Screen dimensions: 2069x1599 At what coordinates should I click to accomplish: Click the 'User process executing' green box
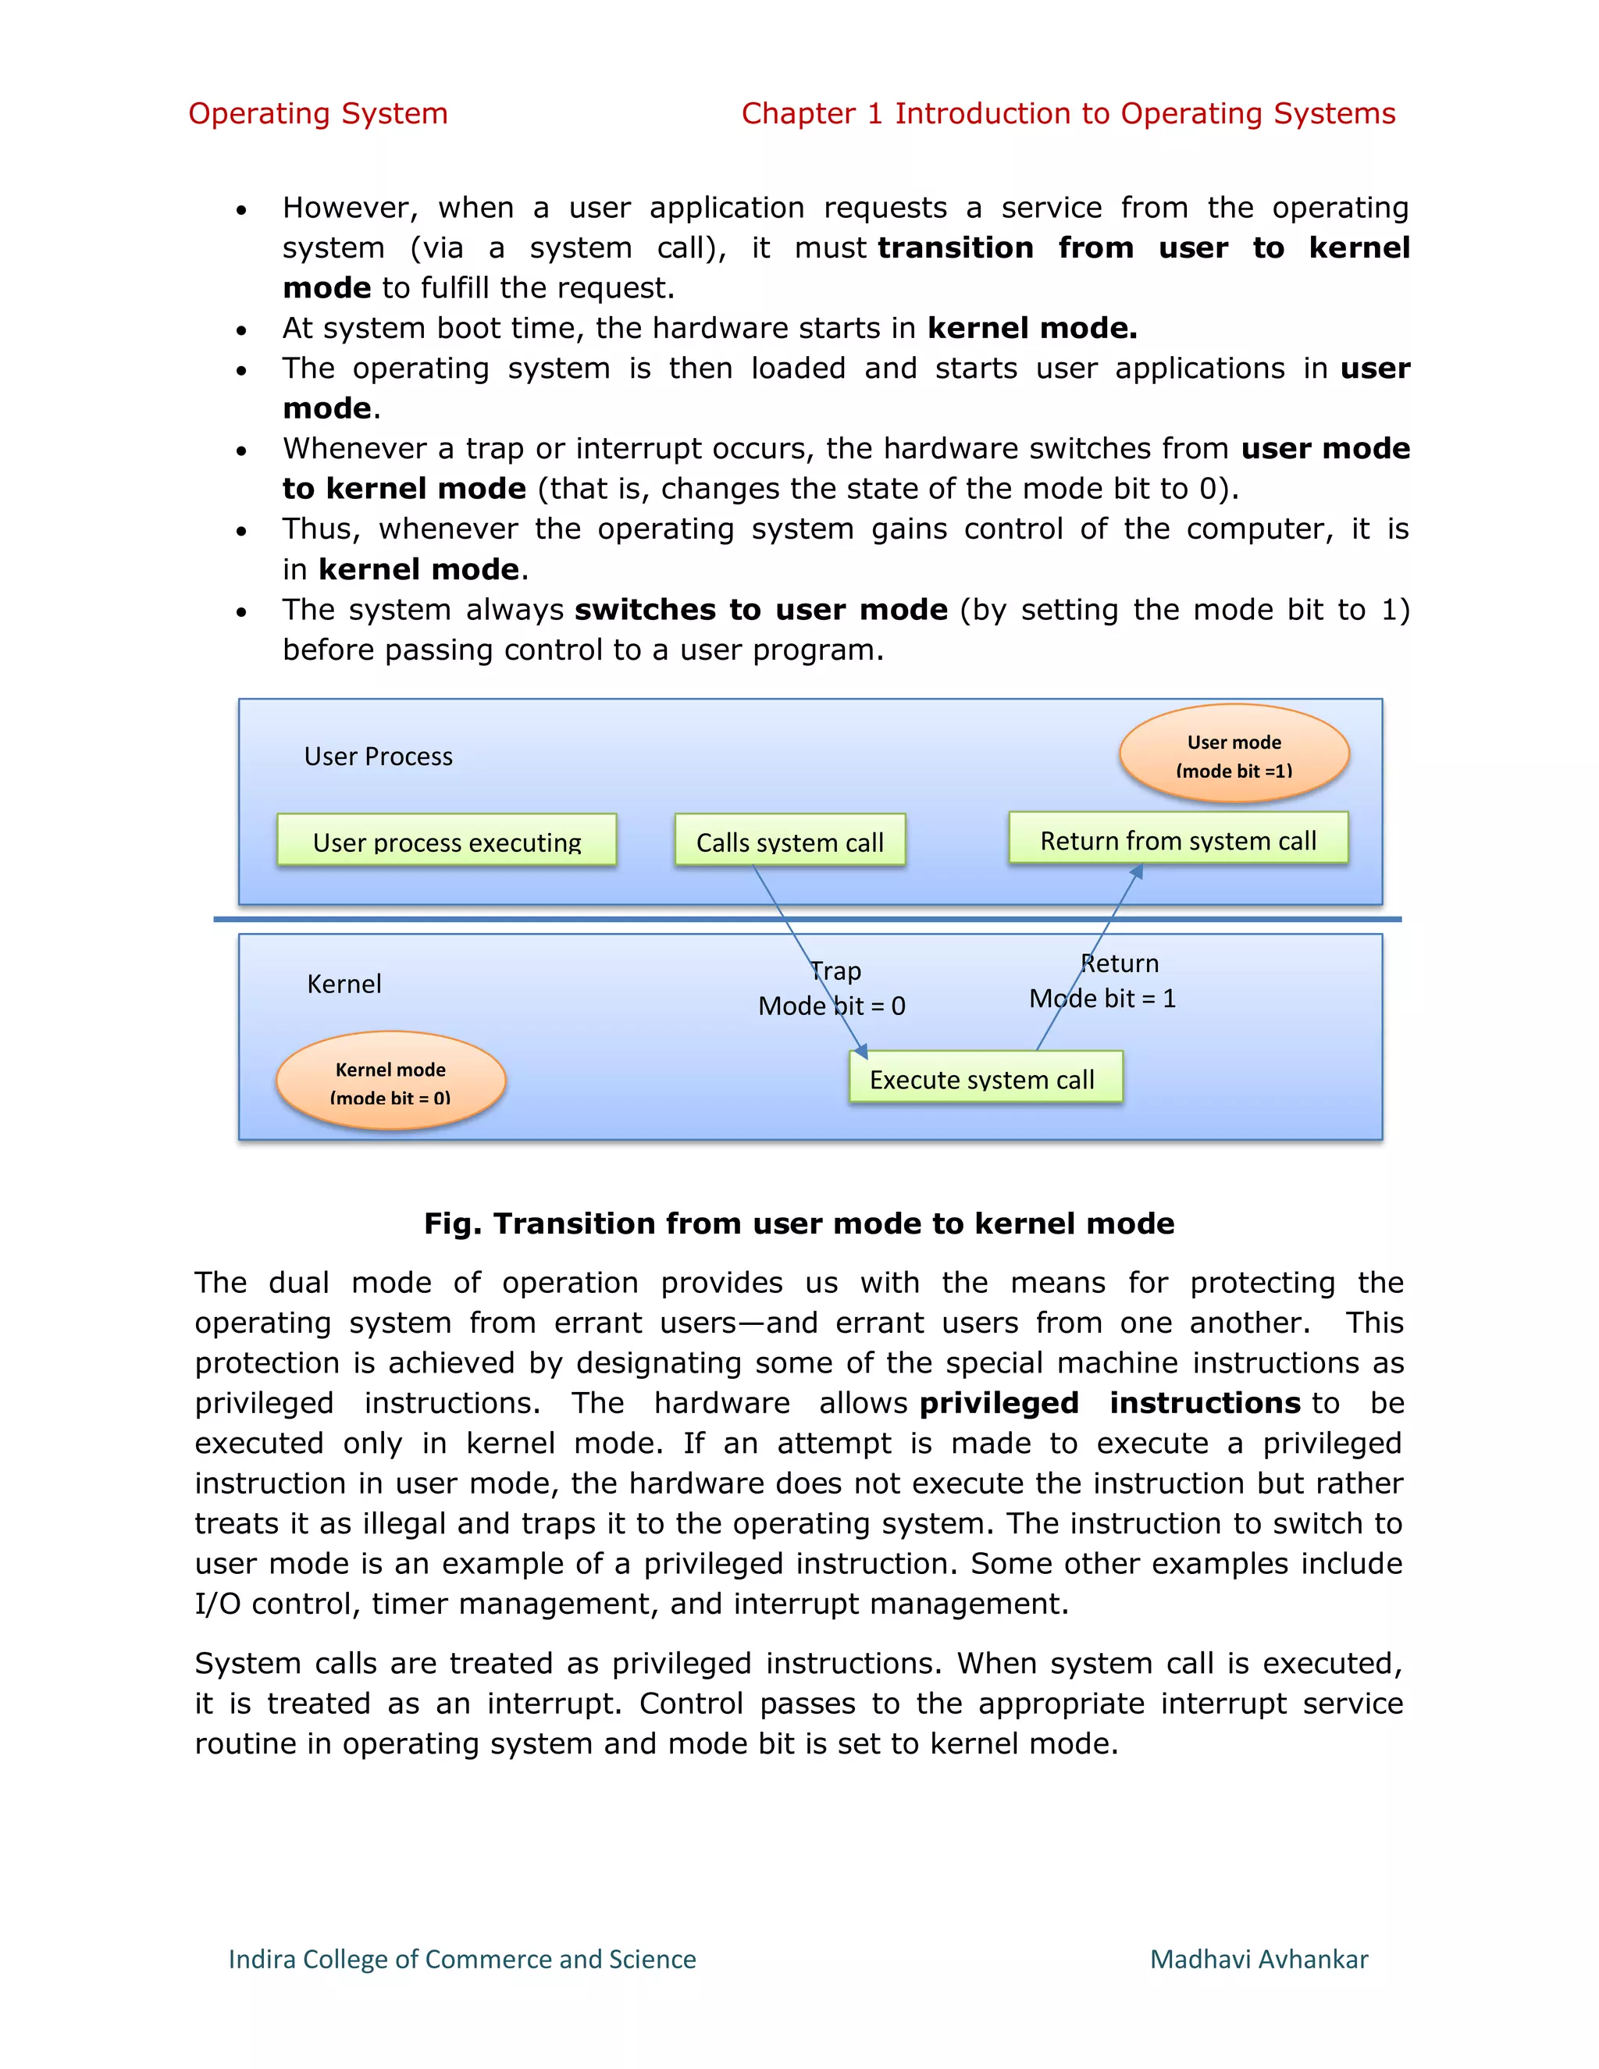(446, 840)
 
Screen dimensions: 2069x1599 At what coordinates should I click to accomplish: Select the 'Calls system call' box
(789, 840)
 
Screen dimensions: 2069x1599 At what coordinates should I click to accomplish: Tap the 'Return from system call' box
(1177, 839)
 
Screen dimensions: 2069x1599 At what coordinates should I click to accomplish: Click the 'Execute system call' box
(985, 1078)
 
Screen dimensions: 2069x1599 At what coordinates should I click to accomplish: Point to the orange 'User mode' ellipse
(1234, 754)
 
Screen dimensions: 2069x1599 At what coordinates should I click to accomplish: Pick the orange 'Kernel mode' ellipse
(390, 1081)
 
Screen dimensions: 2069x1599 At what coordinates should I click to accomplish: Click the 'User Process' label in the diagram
(378, 756)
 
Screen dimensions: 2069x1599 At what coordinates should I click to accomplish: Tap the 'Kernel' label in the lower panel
(344, 983)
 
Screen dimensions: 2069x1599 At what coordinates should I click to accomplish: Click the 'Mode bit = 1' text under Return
(1102, 998)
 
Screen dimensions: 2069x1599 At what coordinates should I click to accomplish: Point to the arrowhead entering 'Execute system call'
(861, 1049)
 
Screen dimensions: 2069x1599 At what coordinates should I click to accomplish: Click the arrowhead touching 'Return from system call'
(1138, 873)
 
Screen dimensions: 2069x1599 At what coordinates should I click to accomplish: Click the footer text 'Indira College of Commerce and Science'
(461, 1958)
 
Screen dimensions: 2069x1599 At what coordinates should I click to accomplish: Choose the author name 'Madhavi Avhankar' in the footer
(1258, 1958)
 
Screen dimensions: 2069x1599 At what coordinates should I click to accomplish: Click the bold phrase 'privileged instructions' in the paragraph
(1109, 1402)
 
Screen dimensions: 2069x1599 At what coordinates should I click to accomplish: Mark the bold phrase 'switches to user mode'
(760, 609)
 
